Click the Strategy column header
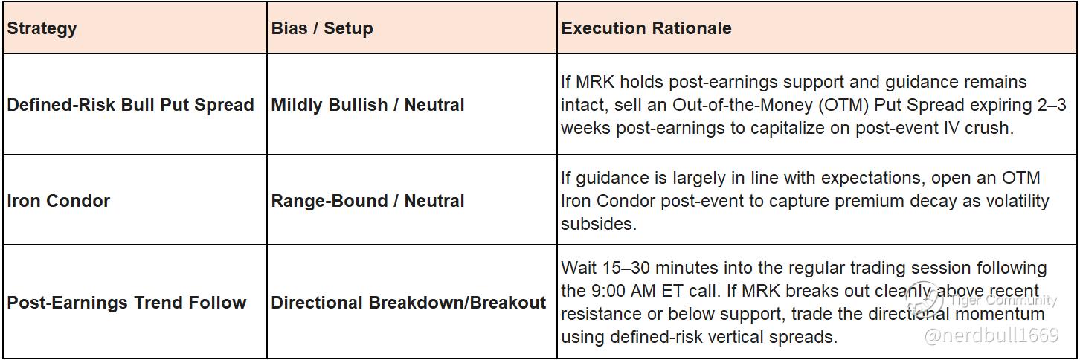coord(42,29)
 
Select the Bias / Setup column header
coord(322,28)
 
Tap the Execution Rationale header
coord(646,28)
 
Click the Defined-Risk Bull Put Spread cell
coord(130,105)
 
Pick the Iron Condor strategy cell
coord(58,201)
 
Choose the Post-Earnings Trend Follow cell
coord(126,303)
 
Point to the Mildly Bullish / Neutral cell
coord(368,105)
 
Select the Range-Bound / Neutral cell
coord(368,201)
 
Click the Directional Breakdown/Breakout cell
coord(409,303)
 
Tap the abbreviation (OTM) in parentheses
coord(843,105)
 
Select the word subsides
coord(599,224)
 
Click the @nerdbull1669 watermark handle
coord(991,335)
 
